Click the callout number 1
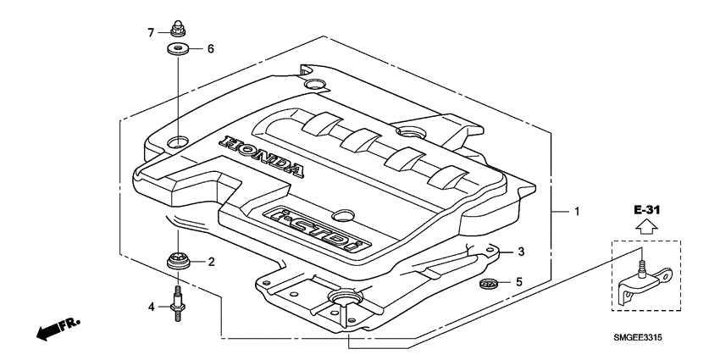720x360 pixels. pyautogui.click(x=577, y=212)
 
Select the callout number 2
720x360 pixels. pyautogui.click(x=212, y=263)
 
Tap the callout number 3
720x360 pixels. pyautogui.click(x=522, y=252)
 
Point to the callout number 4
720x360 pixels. pyautogui.click(x=151, y=306)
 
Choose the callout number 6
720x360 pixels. pyautogui.click(x=210, y=49)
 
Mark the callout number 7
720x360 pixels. pyautogui.click(x=151, y=32)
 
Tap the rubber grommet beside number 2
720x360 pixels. pyautogui.click(x=179, y=262)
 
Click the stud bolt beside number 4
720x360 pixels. pyautogui.click(x=179, y=303)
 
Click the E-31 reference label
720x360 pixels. pyautogui.click(x=645, y=208)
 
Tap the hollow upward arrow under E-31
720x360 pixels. pyautogui.click(x=645, y=226)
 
